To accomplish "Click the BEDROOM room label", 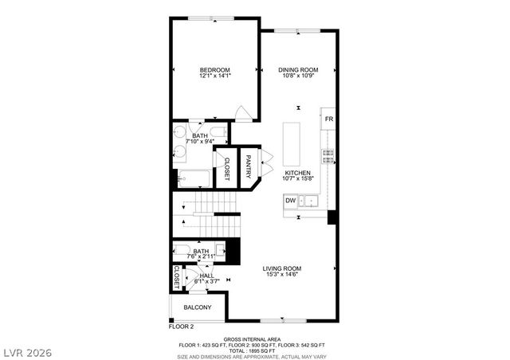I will point(215,70).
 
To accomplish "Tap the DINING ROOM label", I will point(298,70).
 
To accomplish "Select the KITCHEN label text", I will point(297,172).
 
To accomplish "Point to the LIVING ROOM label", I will point(282,268).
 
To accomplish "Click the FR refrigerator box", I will point(328,119).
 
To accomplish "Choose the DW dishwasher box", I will point(291,201).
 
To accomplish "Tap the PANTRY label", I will point(249,166).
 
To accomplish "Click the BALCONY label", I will point(198,307).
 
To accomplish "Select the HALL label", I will point(206,275).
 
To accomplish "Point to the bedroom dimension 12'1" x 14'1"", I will point(215,76).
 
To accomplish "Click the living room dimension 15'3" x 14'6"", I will point(282,275).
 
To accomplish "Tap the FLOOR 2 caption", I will point(181,326).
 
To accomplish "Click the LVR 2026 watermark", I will point(25,350).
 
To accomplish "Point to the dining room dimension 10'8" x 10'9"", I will point(298,76).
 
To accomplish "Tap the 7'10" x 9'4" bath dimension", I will point(204,142).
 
